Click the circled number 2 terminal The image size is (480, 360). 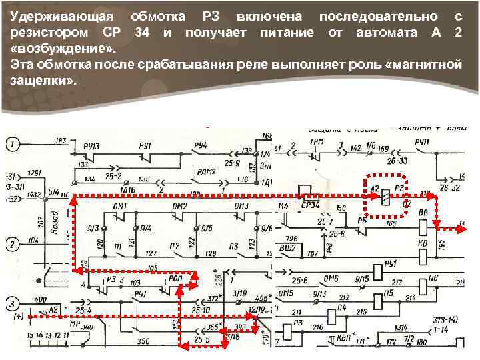14,244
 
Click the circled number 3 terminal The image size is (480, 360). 14,305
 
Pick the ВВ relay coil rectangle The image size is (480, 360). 422,227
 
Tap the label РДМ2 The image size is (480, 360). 203,171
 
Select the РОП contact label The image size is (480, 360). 175,279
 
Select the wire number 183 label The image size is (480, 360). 61,141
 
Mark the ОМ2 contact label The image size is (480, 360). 179,207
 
